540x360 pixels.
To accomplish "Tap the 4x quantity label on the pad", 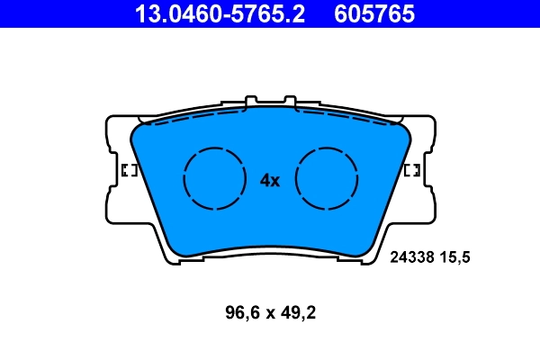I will coord(270,180).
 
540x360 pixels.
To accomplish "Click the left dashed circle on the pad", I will coord(214,178).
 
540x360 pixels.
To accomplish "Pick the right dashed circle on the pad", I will coord(327,178).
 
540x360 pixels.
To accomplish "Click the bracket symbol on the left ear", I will coord(128,170).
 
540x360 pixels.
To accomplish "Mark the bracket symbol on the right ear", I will coord(412,170).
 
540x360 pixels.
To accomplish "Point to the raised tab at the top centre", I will coord(270,100).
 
